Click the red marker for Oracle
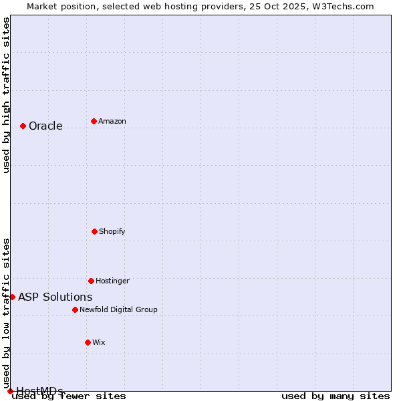pos(23,126)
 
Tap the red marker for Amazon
pos(94,121)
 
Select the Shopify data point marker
pos(94,231)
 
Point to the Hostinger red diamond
pos(91,281)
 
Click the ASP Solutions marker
pos(12,297)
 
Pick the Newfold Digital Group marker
pos(75,309)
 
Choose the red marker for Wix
pos(88,342)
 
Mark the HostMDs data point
pos(10,391)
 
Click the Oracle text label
pos(45,126)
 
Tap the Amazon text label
pos(112,121)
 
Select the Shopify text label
pos(112,231)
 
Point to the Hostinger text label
pos(112,281)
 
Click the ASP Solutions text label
pos(55,297)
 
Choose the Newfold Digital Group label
pos(118,309)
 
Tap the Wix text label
pos(99,342)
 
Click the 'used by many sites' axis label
pos(336,396)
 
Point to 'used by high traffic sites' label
pos(6,96)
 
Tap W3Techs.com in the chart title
pos(346,6)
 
